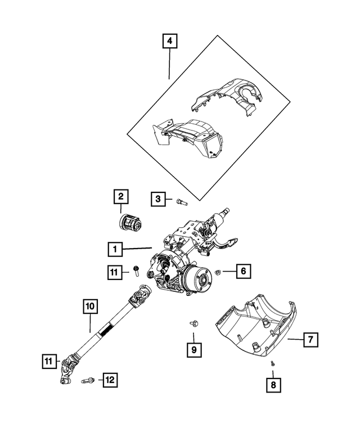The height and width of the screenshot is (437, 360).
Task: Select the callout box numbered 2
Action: pyautogui.click(x=120, y=197)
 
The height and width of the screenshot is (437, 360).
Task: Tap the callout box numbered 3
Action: pyautogui.click(x=158, y=199)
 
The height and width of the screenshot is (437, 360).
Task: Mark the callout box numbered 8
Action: pyautogui.click(x=273, y=385)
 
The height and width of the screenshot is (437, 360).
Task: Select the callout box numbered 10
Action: pyautogui.click(x=91, y=307)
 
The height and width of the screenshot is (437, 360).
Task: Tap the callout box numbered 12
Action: pyautogui.click(x=109, y=381)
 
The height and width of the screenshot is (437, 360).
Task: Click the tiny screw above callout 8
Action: pyautogui.click(x=272, y=363)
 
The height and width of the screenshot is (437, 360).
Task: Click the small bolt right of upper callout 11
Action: pyautogui.click(x=136, y=271)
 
